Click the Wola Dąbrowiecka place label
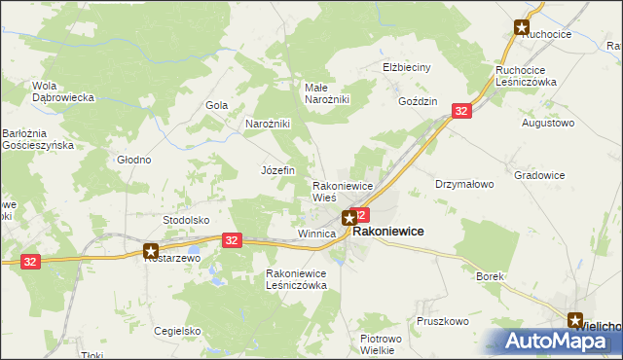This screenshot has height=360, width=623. click(61, 90)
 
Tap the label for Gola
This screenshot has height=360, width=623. click(216, 105)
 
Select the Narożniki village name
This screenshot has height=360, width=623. click(268, 124)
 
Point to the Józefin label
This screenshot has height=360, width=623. click(277, 169)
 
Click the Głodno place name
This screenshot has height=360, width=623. click(133, 160)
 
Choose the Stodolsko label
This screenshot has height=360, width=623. click(186, 220)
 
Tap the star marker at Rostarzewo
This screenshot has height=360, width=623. click(151, 249)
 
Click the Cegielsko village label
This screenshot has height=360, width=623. click(176, 330)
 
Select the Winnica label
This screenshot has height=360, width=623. click(316, 234)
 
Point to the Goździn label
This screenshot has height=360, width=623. click(418, 101)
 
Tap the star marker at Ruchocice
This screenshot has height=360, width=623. click(523, 28)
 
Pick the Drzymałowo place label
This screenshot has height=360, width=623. click(464, 183)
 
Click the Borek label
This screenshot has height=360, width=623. click(490, 276)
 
